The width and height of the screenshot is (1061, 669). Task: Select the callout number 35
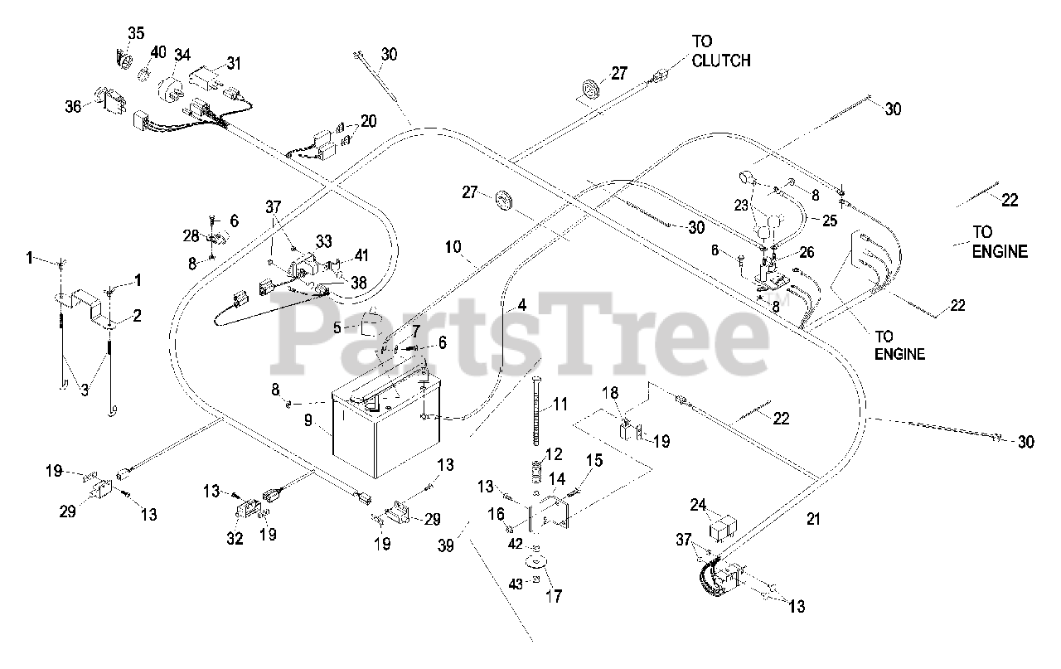coord(136,33)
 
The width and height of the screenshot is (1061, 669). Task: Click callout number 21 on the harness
coord(813,520)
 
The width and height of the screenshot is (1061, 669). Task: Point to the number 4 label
coord(521,304)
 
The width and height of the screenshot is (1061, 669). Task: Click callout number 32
coord(235,538)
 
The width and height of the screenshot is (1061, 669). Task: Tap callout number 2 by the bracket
coord(137,315)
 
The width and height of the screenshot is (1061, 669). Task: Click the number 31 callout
coord(235,62)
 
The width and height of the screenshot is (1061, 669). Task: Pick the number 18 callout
coord(610,393)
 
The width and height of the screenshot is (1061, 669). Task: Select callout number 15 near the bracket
coord(595,458)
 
